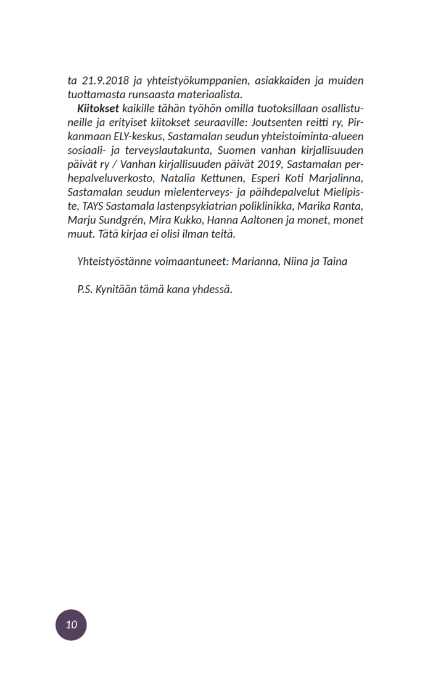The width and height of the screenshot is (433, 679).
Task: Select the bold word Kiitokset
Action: (94, 109)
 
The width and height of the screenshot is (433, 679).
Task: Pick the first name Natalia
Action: (178, 178)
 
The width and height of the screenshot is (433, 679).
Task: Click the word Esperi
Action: (270, 178)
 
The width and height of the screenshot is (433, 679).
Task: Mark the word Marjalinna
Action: (336, 178)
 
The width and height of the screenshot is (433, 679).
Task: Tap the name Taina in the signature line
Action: (334, 262)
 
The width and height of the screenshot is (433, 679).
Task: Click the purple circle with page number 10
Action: (72, 625)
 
